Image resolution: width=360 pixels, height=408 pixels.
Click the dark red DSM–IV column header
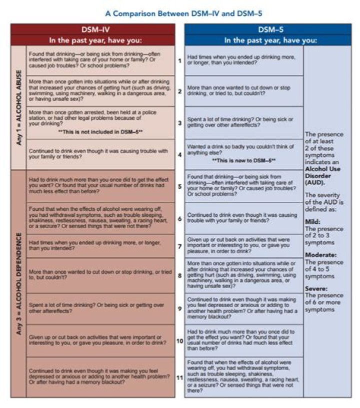click(93, 29)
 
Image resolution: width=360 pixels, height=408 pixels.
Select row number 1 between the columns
click(179, 60)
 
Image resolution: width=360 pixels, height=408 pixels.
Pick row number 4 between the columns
click(179, 154)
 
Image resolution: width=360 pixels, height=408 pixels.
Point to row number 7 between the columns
click(179, 246)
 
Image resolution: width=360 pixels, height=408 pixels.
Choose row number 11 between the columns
click(178, 377)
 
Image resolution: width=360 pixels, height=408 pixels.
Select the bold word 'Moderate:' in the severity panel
click(320, 255)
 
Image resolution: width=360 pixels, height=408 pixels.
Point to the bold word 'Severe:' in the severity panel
click(316, 289)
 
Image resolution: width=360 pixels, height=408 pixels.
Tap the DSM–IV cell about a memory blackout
click(100, 377)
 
